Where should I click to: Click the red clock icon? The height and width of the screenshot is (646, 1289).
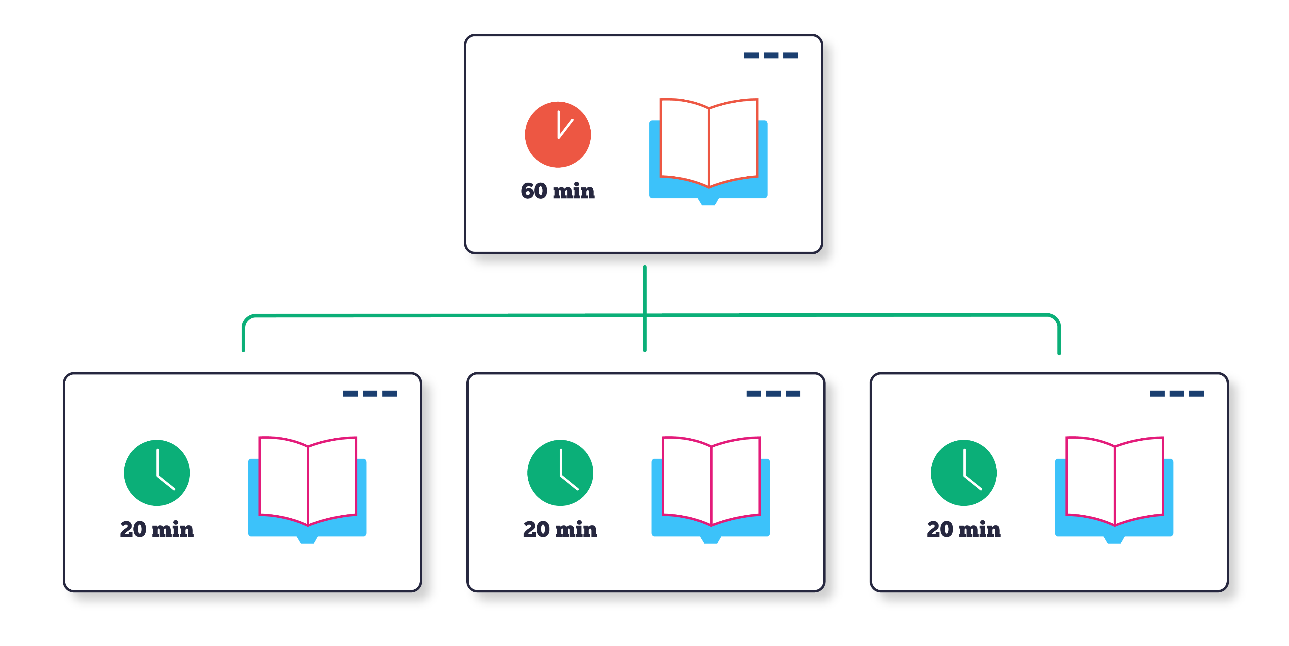(558, 135)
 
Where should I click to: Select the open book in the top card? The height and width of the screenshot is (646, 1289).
(708, 150)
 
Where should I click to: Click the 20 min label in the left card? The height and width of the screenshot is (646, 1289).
(157, 529)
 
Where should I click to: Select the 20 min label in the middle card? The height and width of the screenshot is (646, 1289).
(560, 529)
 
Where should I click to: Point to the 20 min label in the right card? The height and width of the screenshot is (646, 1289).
(963, 529)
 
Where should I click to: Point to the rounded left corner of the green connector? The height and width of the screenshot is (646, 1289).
(247, 320)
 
